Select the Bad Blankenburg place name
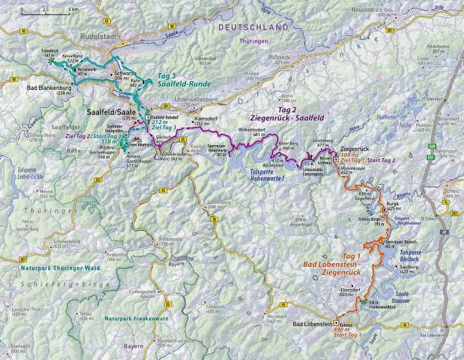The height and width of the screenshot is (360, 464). [48, 88]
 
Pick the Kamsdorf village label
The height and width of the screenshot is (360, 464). [205, 120]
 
